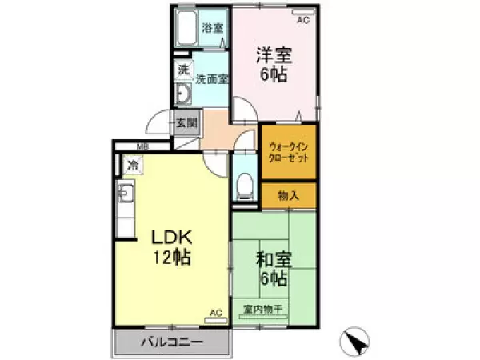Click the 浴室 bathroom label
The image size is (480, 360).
212,28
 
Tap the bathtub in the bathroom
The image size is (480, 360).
186,27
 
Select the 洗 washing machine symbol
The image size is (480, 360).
185,70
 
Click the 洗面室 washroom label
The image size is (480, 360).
212,79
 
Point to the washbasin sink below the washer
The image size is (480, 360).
183,94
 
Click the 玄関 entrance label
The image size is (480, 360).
186,123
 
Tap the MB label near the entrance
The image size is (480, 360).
142,146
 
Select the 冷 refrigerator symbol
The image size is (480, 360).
133,166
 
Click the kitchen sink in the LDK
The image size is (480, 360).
126,193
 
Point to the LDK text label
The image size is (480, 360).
172,238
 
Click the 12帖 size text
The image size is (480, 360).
172,257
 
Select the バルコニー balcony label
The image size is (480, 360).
172,342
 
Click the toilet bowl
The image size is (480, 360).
245,186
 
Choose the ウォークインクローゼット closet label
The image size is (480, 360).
288,152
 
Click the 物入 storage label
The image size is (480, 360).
288,195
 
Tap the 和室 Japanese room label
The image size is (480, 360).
274,259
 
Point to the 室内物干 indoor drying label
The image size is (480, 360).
262,309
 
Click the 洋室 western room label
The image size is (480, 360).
274,55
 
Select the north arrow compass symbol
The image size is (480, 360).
354,341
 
